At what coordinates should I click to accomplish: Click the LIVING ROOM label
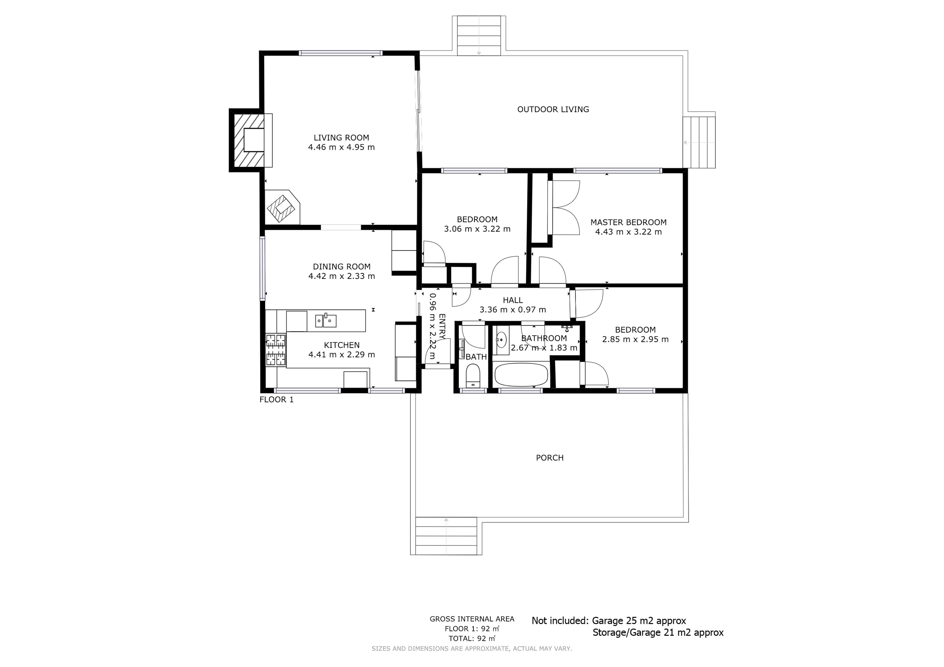341,138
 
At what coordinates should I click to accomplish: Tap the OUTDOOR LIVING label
553,109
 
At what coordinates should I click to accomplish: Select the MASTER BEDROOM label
628,222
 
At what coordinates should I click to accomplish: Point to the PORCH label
550,458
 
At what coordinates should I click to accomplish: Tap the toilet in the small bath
473,376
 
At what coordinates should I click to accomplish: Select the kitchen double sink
326,320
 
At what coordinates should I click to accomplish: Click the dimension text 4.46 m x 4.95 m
341,147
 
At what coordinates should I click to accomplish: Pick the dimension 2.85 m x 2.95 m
635,339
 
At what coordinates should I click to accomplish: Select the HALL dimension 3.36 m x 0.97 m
513,310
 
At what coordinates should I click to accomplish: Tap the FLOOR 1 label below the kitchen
276,400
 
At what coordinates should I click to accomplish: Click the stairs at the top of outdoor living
479,36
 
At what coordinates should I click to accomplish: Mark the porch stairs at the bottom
446,536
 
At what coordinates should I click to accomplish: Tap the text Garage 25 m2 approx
639,621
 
